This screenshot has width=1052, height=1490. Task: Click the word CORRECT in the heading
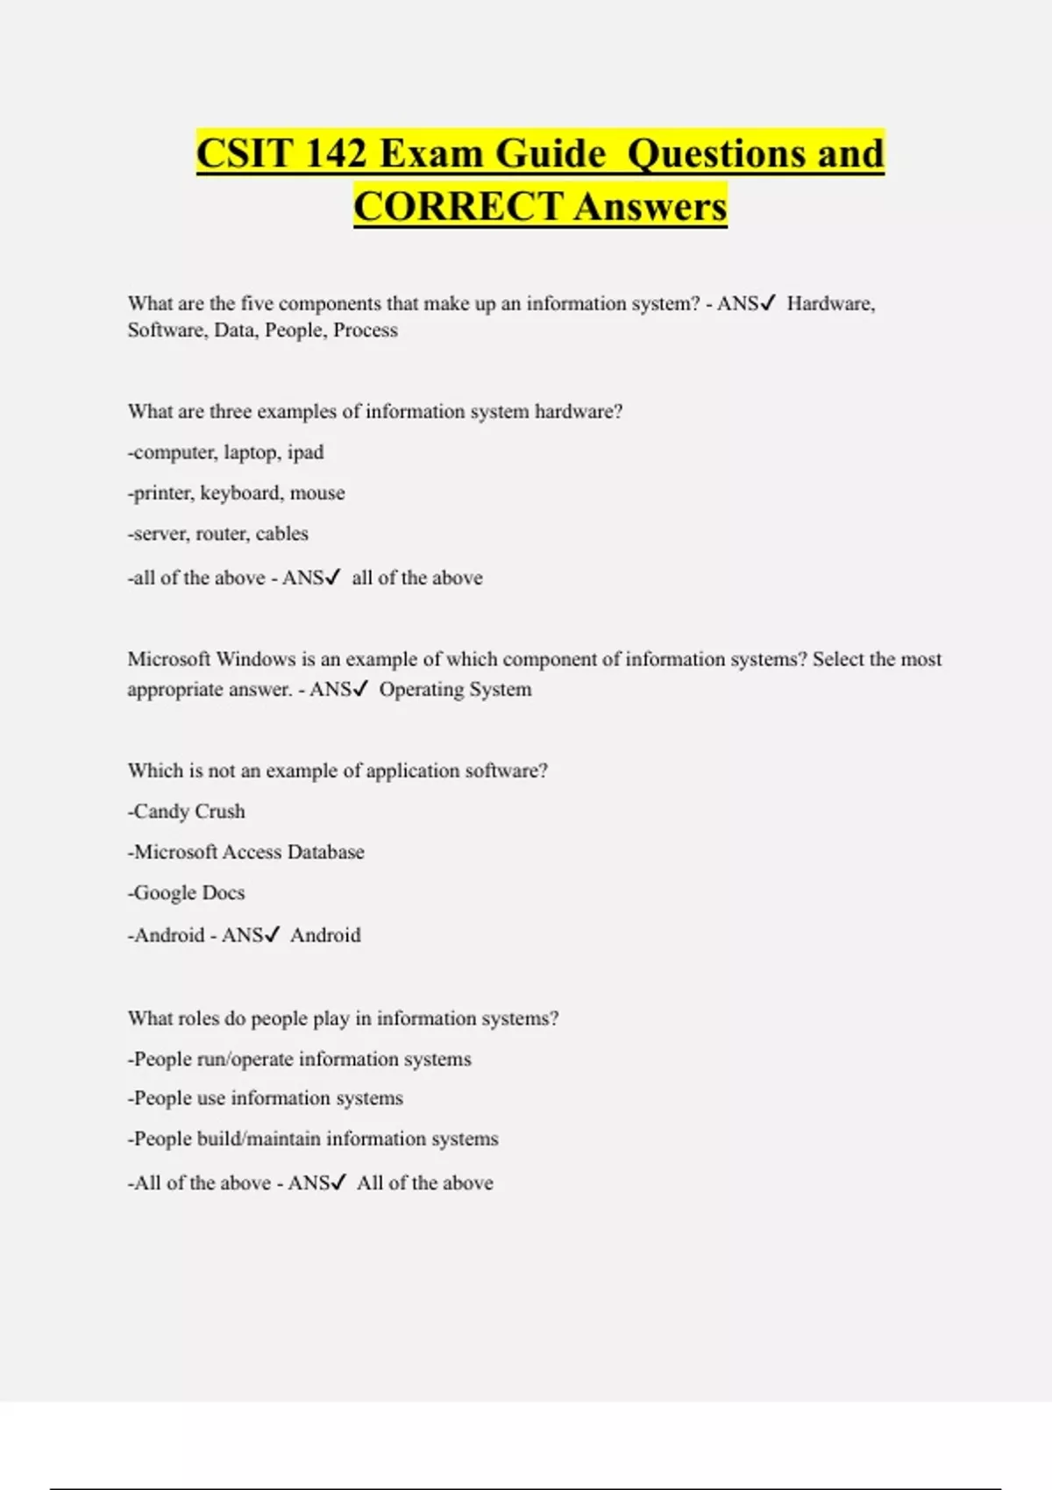pyautogui.click(x=458, y=207)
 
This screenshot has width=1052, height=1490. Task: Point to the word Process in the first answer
pyautogui.click(x=366, y=330)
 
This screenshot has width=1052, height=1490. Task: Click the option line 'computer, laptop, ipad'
pyautogui.click(x=226, y=452)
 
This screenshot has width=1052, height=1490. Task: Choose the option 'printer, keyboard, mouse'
pyautogui.click(x=237, y=493)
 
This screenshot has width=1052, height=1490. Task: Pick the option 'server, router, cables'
pyautogui.click(x=218, y=534)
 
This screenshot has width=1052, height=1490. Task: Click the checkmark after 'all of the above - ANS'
pyautogui.click(x=332, y=578)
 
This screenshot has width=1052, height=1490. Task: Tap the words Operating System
pyautogui.click(x=455, y=690)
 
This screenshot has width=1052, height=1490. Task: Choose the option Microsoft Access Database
pyautogui.click(x=246, y=852)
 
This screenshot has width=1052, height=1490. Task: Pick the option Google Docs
pyautogui.click(x=187, y=893)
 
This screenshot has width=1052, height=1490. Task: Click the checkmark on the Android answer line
pyautogui.click(x=272, y=935)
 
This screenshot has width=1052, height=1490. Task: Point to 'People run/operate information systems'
pyautogui.click(x=300, y=1060)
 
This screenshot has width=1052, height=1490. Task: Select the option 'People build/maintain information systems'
pyautogui.click(x=314, y=1139)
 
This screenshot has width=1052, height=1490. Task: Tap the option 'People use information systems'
pyautogui.click(x=266, y=1098)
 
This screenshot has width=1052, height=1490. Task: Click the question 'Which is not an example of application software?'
pyautogui.click(x=338, y=770)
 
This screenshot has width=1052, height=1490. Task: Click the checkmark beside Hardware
pyautogui.click(x=767, y=303)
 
